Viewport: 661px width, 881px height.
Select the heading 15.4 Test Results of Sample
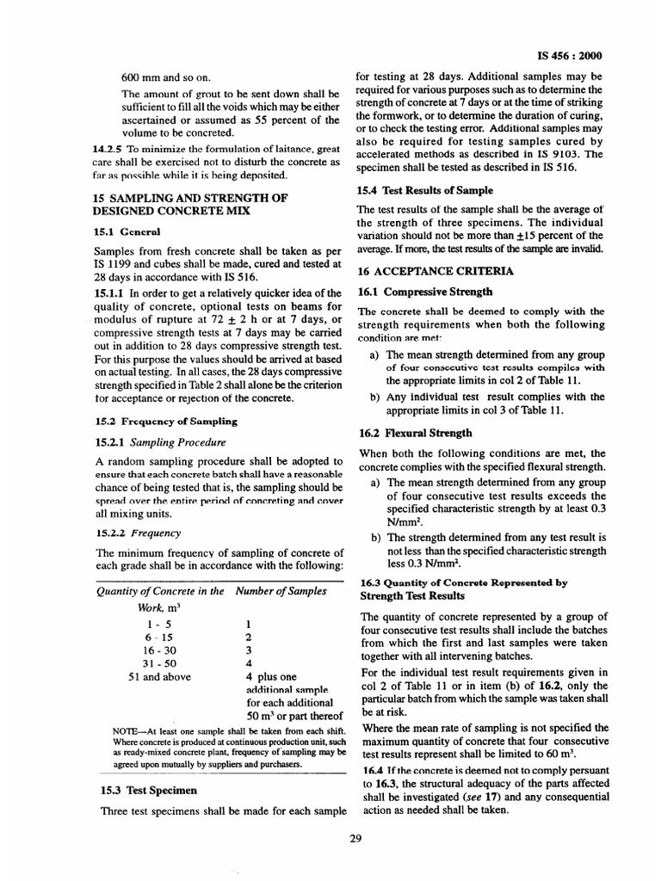(424, 190)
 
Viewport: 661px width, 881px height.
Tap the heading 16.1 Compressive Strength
(425, 292)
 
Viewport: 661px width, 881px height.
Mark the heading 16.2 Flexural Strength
(415, 433)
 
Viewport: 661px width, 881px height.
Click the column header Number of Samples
(281, 591)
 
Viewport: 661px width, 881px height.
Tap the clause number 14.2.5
(109, 149)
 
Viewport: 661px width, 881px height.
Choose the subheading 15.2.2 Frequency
(132, 533)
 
